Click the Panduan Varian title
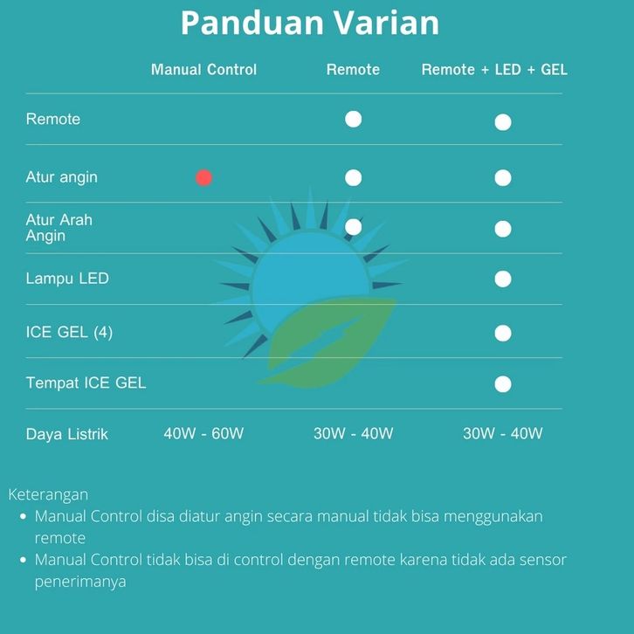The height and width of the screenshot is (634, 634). [x=310, y=23]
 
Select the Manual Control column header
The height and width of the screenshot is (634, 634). [x=203, y=70]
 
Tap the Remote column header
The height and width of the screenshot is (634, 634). [x=353, y=70]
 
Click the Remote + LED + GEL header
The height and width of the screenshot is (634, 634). [x=494, y=70]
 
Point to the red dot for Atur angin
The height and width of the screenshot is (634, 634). [x=203, y=178]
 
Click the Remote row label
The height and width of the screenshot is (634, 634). [x=53, y=119]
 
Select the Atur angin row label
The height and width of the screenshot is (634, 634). [x=61, y=177]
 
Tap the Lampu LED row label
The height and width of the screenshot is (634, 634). [x=67, y=279]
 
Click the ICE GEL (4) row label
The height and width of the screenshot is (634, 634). [x=69, y=332]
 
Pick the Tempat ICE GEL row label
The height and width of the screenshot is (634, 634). [x=86, y=382]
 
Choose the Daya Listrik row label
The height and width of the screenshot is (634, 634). [x=66, y=434]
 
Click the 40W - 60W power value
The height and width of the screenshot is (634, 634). [x=203, y=433]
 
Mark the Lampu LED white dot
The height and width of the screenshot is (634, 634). [x=503, y=279]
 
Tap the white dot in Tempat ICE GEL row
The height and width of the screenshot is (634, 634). [x=503, y=384]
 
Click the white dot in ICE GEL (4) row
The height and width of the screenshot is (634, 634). [x=503, y=334]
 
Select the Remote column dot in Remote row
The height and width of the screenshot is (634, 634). [x=354, y=120]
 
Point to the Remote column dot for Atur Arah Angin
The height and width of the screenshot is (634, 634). [x=354, y=227]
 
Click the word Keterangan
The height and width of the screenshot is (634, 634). [x=48, y=495]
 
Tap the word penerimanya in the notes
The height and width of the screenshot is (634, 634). [x=80, y=582]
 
